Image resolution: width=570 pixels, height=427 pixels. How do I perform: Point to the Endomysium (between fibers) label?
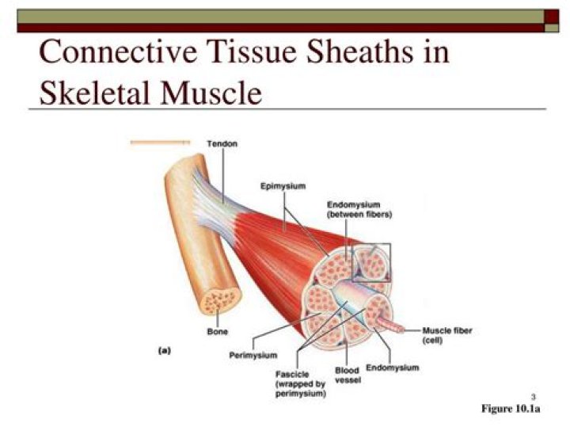pos(359,209)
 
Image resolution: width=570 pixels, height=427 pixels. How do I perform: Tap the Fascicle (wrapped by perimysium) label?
pos(300,383)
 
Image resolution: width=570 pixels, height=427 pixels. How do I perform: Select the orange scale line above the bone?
pos(160,143)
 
